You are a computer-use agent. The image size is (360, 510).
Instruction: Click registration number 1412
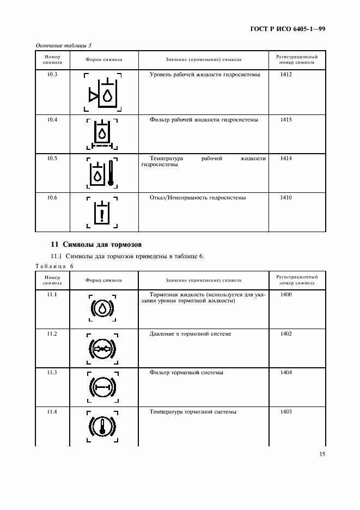(x=286, y=74)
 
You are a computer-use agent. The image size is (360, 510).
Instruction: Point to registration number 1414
(x=286, y=159)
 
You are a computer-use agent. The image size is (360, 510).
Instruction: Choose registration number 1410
(x=286, y=198)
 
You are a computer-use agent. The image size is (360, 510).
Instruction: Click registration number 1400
(x=286, y=295)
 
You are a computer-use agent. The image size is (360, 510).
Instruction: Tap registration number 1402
(x=286, y=333)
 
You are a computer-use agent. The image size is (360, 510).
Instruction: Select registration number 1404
(x=286, y=373)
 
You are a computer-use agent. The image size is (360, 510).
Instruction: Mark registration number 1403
(x=286, y=412)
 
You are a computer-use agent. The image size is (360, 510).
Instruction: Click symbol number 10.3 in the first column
(x=52, y=74)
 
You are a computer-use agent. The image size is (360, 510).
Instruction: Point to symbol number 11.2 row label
(x=52, y=333)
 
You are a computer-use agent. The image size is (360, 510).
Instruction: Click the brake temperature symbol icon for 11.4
(x=102, y=426)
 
